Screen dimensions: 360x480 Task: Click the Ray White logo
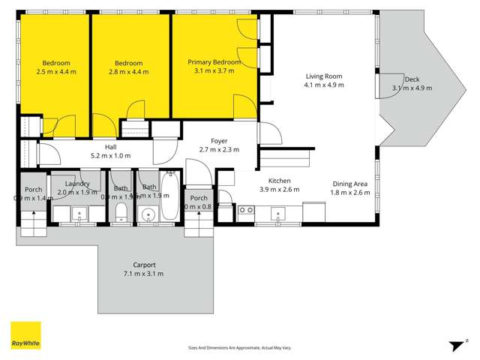25,335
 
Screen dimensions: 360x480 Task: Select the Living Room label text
324,76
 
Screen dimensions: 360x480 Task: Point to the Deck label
412,79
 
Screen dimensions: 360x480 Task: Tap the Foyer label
219,140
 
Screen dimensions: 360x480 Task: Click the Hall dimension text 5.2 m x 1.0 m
110,156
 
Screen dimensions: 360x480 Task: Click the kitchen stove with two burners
245,211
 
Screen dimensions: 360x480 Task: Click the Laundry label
78,184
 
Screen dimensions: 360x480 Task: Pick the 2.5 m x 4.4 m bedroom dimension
56,72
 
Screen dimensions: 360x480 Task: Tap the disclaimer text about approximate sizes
240,347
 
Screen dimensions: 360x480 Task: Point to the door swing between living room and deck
388,85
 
